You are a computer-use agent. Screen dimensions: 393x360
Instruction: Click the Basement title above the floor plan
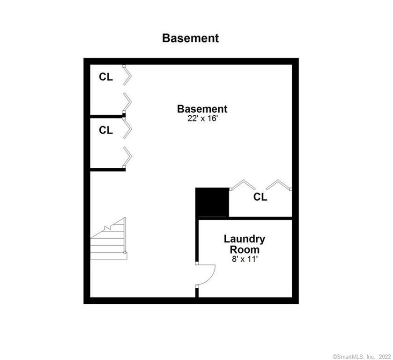click(x=191, y=38)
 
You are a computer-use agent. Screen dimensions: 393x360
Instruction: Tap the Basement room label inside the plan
click(x=202, y=109)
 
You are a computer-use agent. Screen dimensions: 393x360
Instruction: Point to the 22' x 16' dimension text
click(x=202, y=119)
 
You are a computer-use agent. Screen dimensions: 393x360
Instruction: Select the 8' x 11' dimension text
click(x=245, y=259)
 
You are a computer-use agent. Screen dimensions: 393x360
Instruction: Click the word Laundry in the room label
click(x=245, y=240)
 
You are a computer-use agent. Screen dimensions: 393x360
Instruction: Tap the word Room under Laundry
click(x=245, y=250)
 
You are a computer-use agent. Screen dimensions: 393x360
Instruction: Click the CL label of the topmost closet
click(x=106, y=77)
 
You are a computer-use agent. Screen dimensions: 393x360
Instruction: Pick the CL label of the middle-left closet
click(x=106, y=130)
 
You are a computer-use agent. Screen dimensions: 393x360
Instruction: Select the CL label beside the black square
click(x=260, y=197)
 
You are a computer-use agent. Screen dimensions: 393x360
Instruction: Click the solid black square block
click(x=212, y=202)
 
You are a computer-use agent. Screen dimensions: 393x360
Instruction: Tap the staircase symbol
click(x=109, y=238)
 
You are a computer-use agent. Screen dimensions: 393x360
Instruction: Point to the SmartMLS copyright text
click(x=362, y=357)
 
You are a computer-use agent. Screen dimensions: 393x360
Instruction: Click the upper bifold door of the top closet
click(x=127, y=75)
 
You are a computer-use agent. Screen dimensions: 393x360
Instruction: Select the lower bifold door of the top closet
click(x=127, y=103)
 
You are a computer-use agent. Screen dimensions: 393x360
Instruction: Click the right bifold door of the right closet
click(x=279, y=185)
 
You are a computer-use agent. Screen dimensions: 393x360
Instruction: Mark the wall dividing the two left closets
click(x=108, y=116)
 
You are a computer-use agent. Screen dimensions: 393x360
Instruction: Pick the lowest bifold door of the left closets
click(x=127, y=157)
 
